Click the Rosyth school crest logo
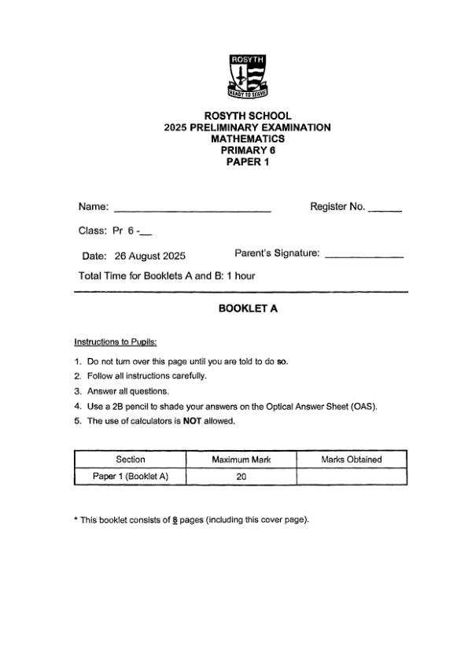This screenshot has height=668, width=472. click(248, 77)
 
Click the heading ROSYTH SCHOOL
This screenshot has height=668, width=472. click(248, 116)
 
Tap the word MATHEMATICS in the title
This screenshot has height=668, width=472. click(248, 138)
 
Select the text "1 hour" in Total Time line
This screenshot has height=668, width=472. click(240, 276)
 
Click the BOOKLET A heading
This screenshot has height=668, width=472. click(248, 309)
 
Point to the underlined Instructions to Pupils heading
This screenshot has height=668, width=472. click(116, 342)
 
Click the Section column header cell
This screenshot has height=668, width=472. click(131, 459)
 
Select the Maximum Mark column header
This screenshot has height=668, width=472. click(241, 459)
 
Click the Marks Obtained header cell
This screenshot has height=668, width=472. click(352, 459)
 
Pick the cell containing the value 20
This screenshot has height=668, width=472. click(241, 476)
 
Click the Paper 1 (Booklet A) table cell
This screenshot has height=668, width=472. click(131, 476)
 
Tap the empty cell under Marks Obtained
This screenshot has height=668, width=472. click(352, 476)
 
